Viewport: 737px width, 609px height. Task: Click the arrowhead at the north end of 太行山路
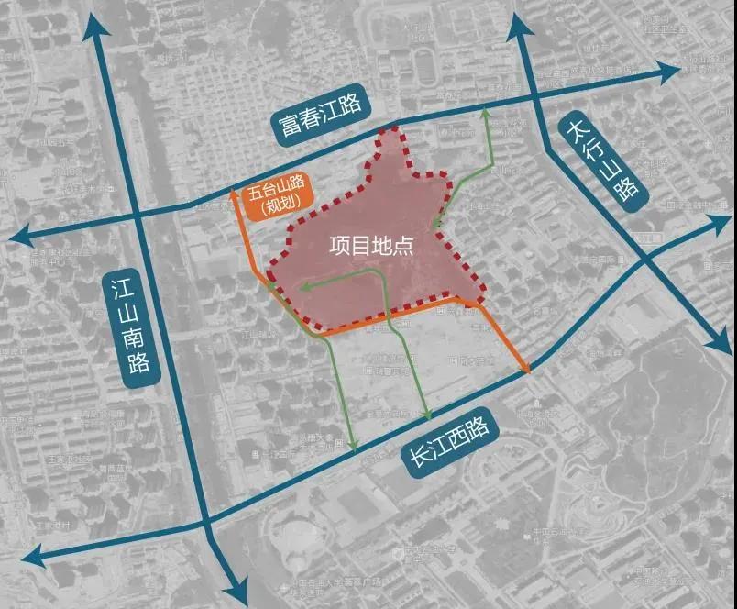(x=525, y=22)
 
